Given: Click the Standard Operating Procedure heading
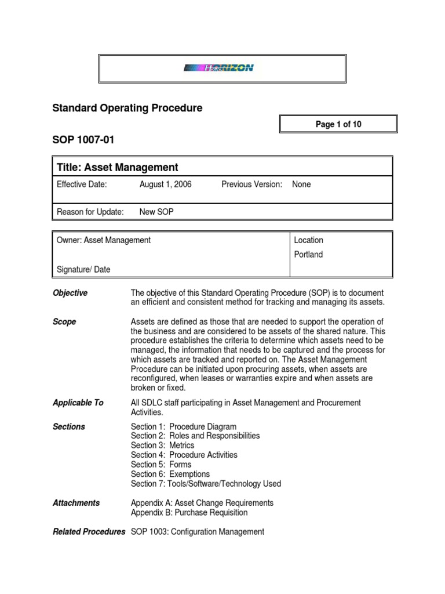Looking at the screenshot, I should pos(127,108).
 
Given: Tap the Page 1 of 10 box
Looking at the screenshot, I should pos(339,125).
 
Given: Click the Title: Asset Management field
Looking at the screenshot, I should pos(118,168).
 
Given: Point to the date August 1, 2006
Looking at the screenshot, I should pos(165,184).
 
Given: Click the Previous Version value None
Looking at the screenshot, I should pos(301,184).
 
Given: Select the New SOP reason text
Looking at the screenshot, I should pos(156,212).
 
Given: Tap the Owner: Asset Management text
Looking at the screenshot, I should pos(104,240).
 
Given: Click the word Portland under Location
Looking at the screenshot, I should pos(308,255).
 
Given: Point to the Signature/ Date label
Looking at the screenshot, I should pos(83,269).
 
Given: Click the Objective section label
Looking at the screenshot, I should pos(70,294).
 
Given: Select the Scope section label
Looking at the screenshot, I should pos(64,322).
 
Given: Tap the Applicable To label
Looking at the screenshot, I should pos(78,403).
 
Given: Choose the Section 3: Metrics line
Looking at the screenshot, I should pos(162,445).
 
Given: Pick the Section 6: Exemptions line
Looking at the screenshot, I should pos(170,474).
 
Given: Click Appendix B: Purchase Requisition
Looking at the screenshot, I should pos(189,513).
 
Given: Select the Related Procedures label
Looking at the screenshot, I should pos(89,531).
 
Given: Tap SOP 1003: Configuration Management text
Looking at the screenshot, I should pos(198,531).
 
